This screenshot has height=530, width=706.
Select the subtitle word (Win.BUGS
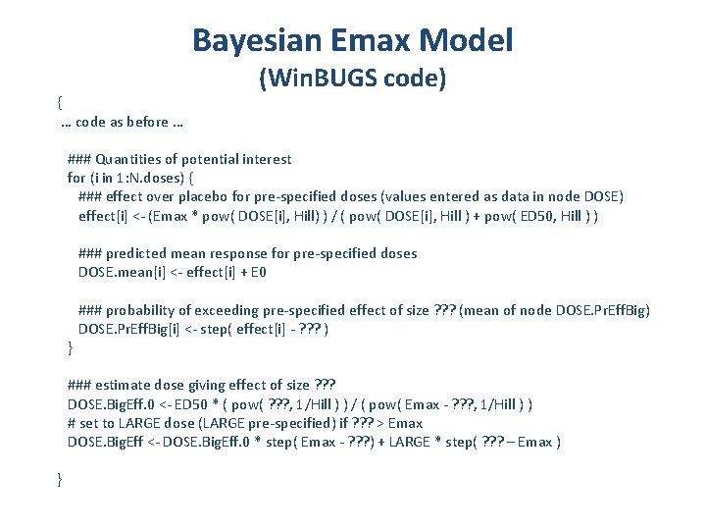(312, 79)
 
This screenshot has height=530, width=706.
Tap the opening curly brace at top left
(59, 101)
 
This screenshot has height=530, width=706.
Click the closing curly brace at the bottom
(59, 478)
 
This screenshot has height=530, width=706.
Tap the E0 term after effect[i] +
(257, 272)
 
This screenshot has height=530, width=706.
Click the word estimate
(126, 385)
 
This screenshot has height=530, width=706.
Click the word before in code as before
(146, 124)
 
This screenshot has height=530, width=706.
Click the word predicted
(140, 253)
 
